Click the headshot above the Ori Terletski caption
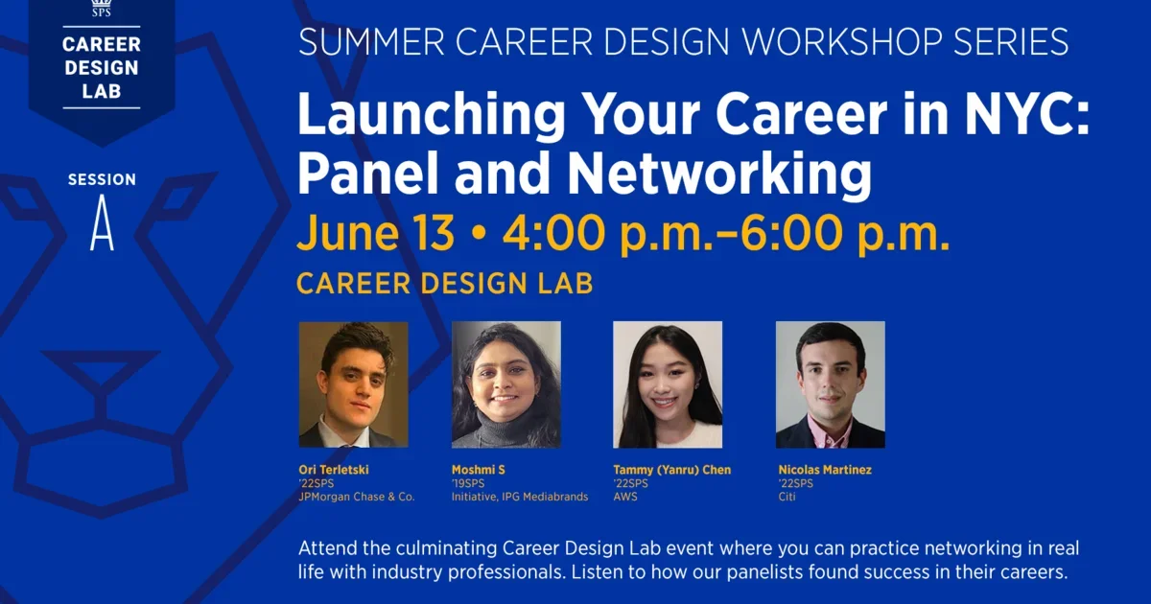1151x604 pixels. pyautogui.click(x=353, y=384)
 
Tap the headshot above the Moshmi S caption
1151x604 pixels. pyautogui.click(x=505, y=384)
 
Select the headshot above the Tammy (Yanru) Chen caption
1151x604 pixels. pyautogui.click(x=668, y=384)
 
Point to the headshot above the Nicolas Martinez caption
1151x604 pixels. pyautogui.click(x=830, y=384)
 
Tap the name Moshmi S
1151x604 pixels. pyautogui.click(x=479, y=470)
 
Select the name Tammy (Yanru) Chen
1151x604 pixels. pyautogui.click(x=672, y=470)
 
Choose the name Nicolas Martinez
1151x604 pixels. pyautogui.click(x=825, y=470)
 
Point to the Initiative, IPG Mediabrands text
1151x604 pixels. pyautogui.click(x=520, y=497)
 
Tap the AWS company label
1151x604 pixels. pyautogui.click(x=625, y=497)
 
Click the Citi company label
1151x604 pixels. pyautogui.click(x=787, y=497)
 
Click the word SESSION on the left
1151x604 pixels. pyautogui.click(x=102, y=180)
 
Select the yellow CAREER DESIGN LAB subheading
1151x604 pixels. pyautogui.click(x=444, y=284)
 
